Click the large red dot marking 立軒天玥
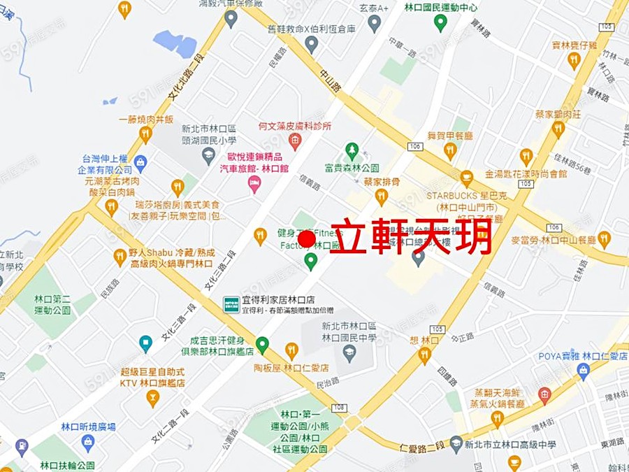305,240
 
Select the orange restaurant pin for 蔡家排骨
382,197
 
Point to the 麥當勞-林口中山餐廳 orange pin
605,239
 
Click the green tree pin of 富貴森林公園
352,150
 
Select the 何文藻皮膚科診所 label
294,127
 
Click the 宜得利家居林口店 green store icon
231,304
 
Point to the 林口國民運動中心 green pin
440,22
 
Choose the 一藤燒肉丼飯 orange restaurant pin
146,134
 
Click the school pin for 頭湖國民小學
208,155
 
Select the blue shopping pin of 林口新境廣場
88,443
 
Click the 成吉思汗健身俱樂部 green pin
262,345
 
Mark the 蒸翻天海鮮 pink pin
544,396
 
